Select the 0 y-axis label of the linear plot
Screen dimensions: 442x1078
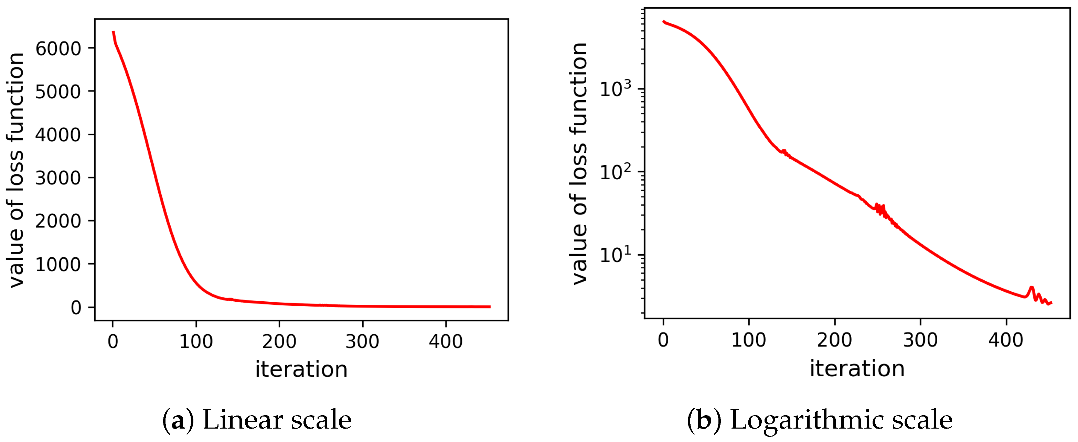[76, 308]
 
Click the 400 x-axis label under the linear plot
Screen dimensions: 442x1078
[445, 342]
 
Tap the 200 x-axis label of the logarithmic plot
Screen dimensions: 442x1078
[834, 340]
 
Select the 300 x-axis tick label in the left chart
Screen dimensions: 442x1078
[362, 342]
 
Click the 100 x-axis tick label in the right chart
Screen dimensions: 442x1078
[748, 340]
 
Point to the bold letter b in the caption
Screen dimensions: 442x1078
[704, 420]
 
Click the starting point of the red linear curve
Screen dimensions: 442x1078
[113, 32]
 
